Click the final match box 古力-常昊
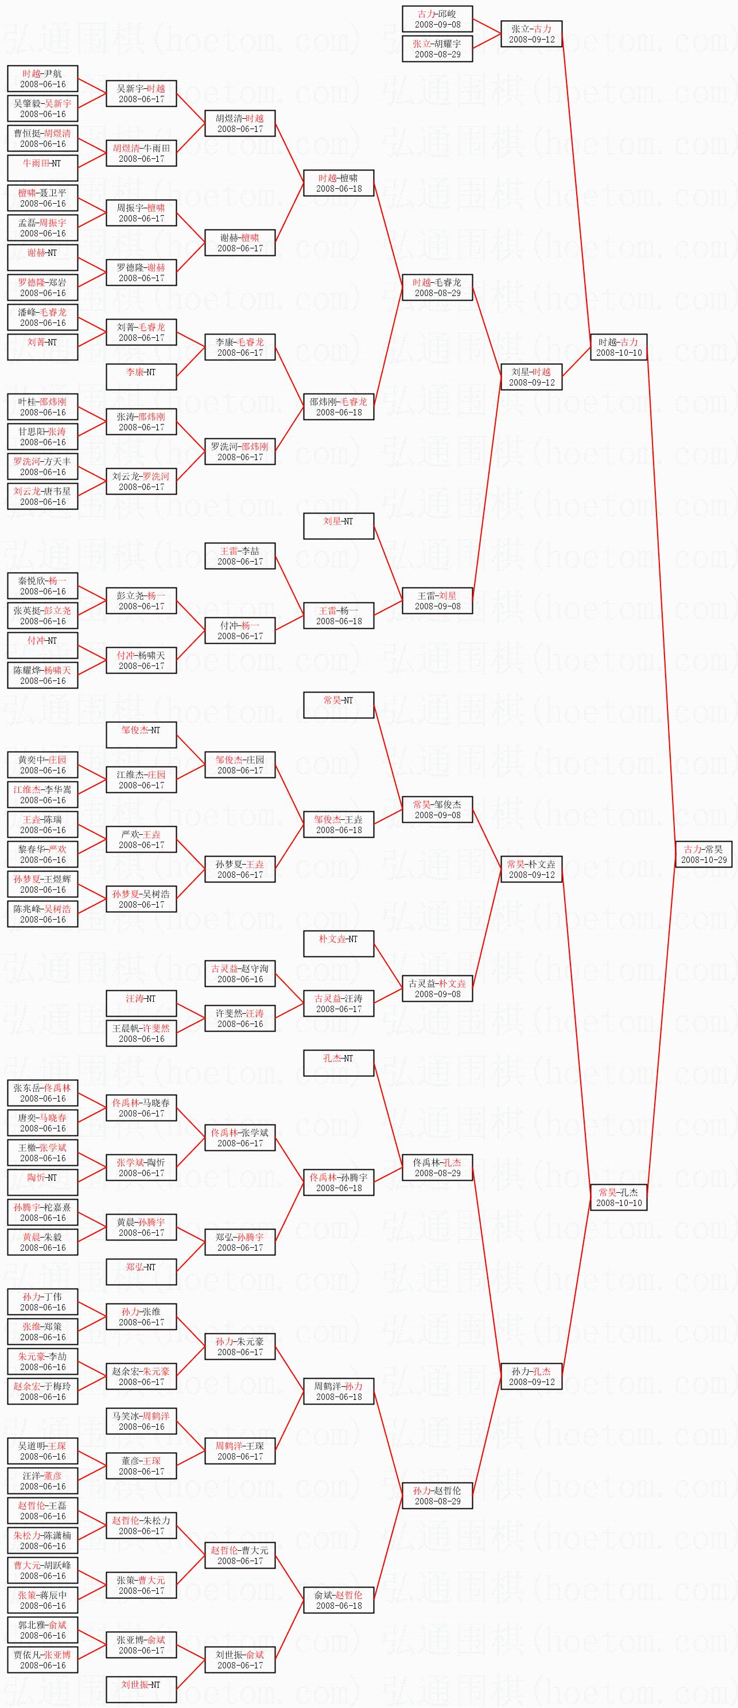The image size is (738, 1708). click(704, 854)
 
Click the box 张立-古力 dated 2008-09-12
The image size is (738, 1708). click(531, 34)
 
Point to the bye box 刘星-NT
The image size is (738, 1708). click(338, 526)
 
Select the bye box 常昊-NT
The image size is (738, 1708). click(338, 705)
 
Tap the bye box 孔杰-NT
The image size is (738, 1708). click(338, 1063)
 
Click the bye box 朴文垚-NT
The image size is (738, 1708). click(338, 944)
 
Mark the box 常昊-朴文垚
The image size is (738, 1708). click(531, 869)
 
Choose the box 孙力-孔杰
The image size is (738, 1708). click(531, 1376)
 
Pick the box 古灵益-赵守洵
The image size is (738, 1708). click(239, 974)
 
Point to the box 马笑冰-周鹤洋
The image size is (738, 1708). click(141, 1421)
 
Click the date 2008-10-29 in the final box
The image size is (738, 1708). click(704, 860)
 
